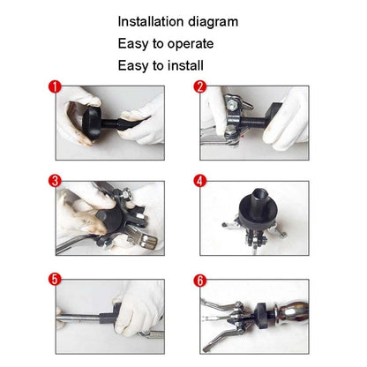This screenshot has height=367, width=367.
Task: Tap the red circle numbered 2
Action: pos(200,86)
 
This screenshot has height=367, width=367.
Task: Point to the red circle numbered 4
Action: pos(200,183)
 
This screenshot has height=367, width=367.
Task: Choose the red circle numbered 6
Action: pos(200,280)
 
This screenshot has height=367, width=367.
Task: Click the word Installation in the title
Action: pos(154,21)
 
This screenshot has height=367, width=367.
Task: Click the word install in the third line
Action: pos(181,65)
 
